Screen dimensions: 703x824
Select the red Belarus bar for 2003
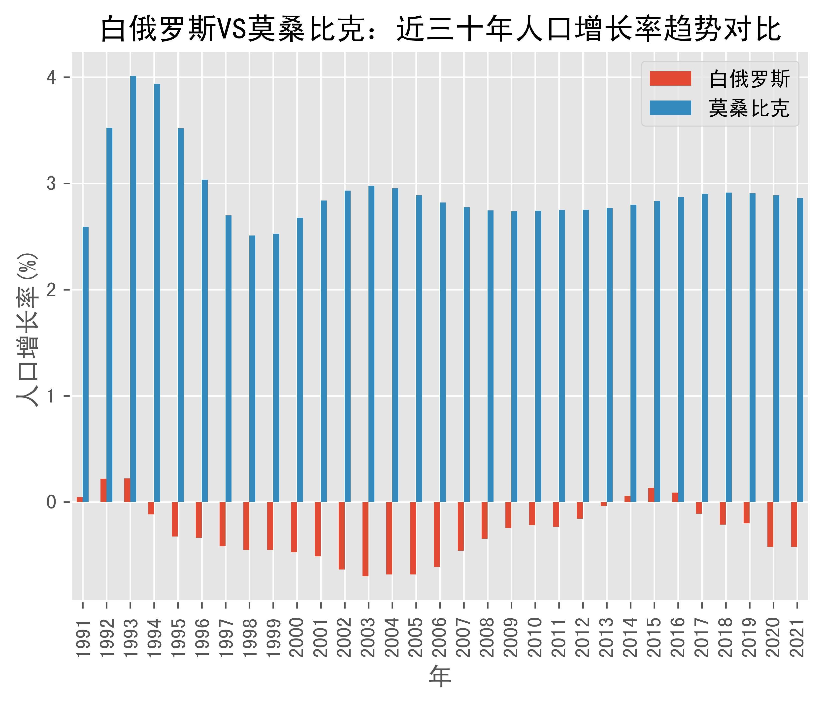[365, 539]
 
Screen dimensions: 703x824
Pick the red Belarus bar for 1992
[103, 490]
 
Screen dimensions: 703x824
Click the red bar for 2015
[651, 495]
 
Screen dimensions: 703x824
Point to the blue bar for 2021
[800, 350]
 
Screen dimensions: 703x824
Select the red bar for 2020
[770, 525]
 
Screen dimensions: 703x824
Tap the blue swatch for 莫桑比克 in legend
[670, 108]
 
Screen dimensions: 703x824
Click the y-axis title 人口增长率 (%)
[28, 330]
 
